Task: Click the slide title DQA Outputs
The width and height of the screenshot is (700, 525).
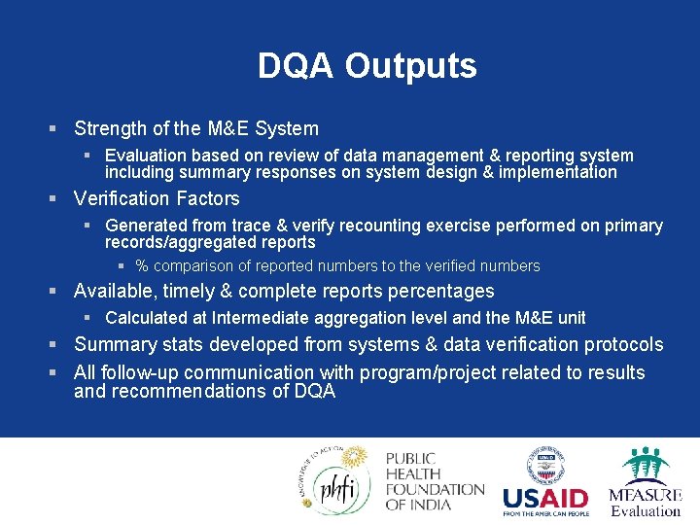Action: point(367,66)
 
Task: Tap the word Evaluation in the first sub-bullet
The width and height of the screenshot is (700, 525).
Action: point(145,156)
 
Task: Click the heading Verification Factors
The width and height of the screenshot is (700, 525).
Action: point(157,198)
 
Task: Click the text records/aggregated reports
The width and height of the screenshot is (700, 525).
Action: point(210,242)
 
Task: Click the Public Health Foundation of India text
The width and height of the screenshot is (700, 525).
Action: point(434,481)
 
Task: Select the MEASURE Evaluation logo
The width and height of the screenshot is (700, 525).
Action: point(645,482)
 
